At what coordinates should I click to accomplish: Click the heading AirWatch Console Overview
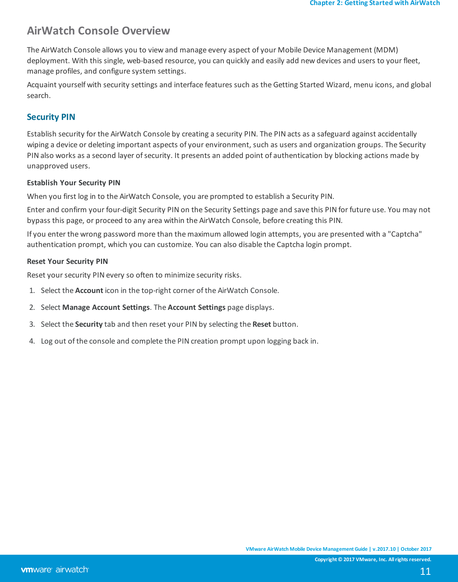[x=98, y=31]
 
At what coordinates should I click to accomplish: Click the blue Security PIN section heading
[x=51, y=117]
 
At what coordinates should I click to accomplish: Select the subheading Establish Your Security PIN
[x=74, y=183]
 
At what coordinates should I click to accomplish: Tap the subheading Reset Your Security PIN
[x=68, y=261]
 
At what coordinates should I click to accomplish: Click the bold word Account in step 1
[x=89, y=290]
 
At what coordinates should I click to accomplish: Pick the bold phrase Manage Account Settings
[x=106, y=307]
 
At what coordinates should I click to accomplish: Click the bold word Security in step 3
[x=89, y=324]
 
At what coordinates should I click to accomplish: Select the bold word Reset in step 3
[x=262, y=324]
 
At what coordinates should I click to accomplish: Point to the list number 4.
[x=32, y=341]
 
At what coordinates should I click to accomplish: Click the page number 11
[x=425, y=571]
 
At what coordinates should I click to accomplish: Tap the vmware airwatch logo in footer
[x=55, y=570]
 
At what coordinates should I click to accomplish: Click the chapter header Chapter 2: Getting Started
[x=375, y=3]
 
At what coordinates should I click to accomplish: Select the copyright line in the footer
[x=373, y=559]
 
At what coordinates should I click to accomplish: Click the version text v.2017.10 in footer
[x=384, y=549]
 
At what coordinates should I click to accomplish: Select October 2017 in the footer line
[x=416, y=549]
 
